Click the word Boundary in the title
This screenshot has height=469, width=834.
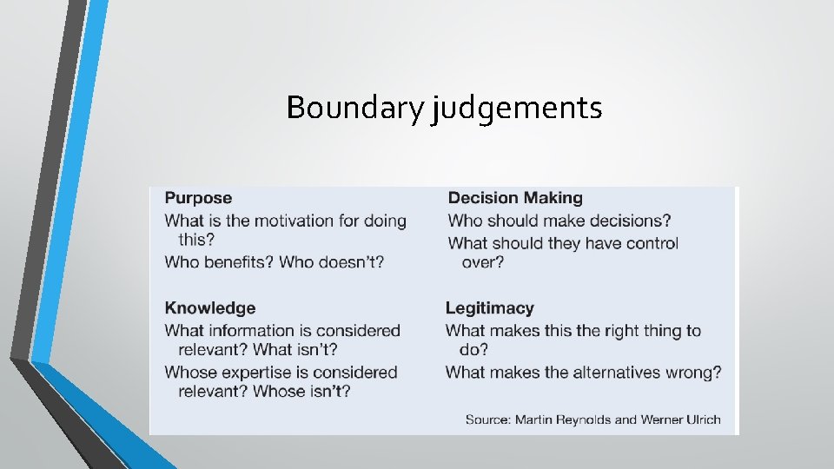[x=354, y=108]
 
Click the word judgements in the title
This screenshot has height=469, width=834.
[x=516, y=109]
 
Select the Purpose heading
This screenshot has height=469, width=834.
[x=198, y=198]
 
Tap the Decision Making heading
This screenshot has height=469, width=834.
[x=515, y=198]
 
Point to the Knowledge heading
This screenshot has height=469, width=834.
[x=209, y=307]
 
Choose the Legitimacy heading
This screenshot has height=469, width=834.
[x=489, y=307]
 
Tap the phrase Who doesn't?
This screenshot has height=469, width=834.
[x=332, y=261]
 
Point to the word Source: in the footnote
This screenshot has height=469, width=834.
[x=487, y=419]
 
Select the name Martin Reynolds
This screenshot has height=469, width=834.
[x=563, y=419]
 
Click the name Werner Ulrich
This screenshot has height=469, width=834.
[x=680, y=419]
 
